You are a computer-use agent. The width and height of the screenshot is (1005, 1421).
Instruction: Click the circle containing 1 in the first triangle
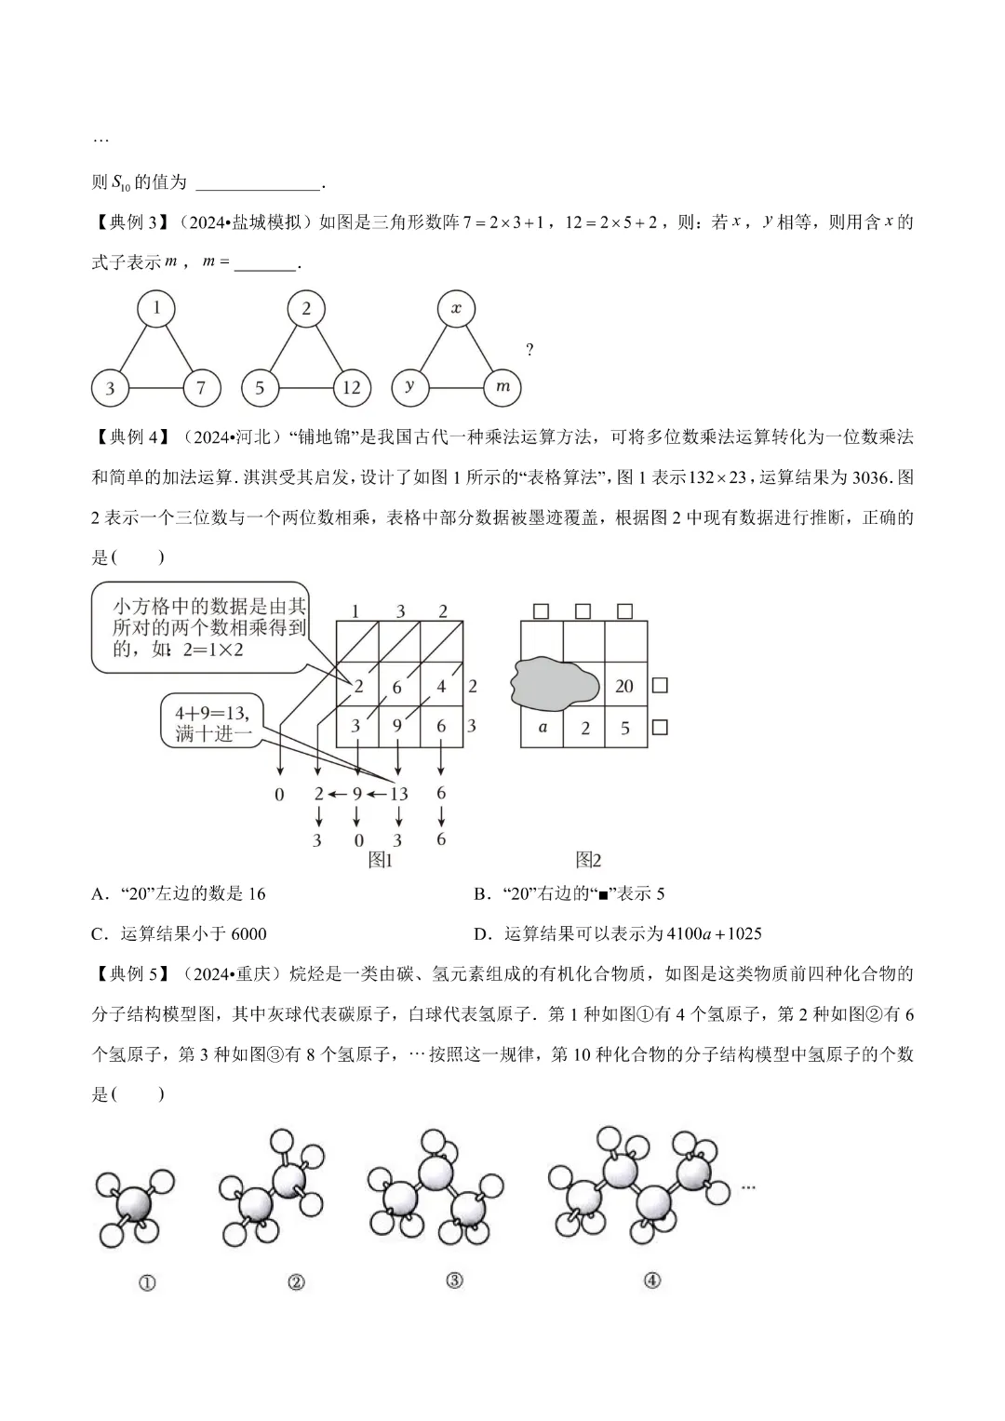coord(157,308)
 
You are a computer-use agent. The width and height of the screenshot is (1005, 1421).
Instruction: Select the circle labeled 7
coord(201,387)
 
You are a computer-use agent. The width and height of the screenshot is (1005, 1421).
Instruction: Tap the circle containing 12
coord(351,387)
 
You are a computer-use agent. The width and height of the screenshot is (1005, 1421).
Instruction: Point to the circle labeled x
coord(456,308)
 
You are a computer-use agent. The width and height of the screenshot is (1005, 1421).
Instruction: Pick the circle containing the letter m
coord(502,386)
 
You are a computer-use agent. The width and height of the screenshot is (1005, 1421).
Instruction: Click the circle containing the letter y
coord(409,386)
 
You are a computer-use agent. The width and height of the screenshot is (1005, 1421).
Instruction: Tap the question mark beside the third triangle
coord(529,350)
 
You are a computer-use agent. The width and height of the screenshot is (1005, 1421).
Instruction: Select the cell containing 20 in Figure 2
coord(624,686)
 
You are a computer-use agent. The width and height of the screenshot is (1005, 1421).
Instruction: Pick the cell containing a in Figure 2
coord(543,728)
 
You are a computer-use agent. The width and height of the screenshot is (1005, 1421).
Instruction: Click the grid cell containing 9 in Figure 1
coord(398,726)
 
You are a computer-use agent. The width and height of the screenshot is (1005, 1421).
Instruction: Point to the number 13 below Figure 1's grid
coord(398,794)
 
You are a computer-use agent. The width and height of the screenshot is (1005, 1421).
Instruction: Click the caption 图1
coord(381,859)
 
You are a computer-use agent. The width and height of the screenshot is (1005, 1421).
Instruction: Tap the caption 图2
coord(588,859)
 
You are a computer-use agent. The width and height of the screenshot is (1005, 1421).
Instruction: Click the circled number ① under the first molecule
coord(146,1282)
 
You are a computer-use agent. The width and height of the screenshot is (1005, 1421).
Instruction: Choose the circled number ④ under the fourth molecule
coord(651,1280)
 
